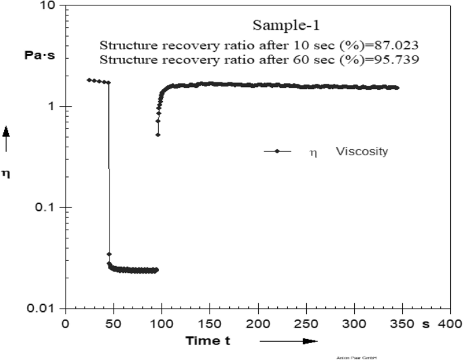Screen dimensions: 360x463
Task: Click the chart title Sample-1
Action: point(285,26)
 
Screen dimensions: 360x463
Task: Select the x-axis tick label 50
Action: point(114,324)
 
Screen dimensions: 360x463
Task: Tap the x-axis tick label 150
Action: point(210,324)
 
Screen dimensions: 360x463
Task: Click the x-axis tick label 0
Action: point(66,324)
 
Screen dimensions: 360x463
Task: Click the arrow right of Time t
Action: point(287,342)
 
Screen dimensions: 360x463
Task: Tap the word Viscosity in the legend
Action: point(362,152)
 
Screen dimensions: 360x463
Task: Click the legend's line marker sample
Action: point(277,152)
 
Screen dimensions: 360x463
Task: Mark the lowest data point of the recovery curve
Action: point(158,134)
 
